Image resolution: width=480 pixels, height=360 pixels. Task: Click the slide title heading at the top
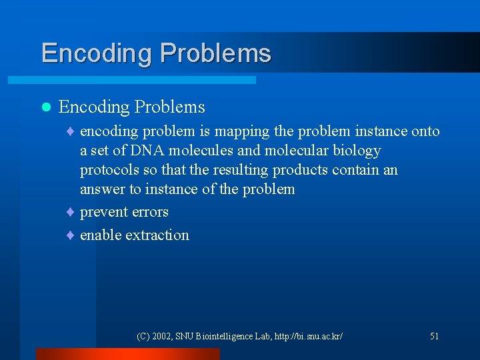(x=156, y=53)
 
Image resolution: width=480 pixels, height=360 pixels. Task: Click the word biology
(x=357, y=151)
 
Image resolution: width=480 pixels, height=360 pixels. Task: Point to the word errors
(x=150, y=212)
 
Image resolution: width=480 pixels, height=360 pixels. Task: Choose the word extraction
(x=157, y=235)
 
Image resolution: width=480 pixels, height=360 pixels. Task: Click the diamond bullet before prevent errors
(x=71, y=213)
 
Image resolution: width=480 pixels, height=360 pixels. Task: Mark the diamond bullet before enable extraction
(x=71, y=235)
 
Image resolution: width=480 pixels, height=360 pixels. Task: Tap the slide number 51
(x=434, y=336)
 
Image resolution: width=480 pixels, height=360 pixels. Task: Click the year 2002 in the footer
(x=163, y=336)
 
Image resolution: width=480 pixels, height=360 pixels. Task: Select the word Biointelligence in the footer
(x=227, y=336)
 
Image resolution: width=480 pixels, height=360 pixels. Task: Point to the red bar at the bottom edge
(x=127, y=354)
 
